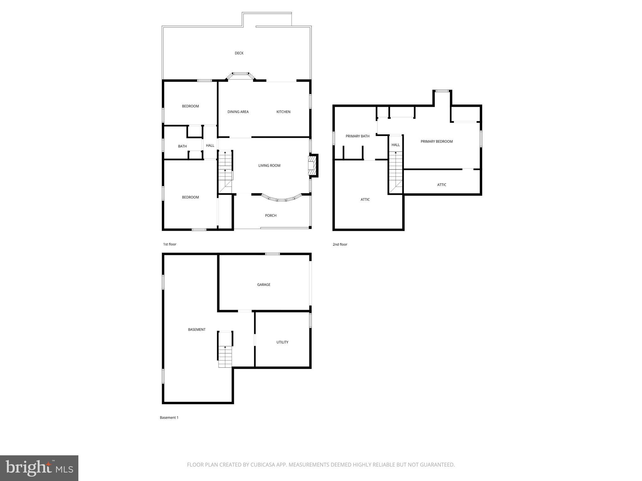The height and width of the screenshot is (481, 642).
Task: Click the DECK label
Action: pos(239,53)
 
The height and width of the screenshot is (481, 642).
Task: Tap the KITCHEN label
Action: pos(283,112)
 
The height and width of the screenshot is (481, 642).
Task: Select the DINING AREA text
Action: pos(238,112)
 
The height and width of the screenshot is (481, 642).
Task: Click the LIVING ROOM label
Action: pos(269,166)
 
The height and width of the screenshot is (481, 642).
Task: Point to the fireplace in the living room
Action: pos(312,165)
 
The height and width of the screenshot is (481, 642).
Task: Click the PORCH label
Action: pos(271,215)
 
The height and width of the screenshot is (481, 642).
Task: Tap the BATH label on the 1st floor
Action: pos(182,146)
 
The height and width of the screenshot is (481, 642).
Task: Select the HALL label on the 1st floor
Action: pos(210,146)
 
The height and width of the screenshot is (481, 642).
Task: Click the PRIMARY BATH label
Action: pos(357,136)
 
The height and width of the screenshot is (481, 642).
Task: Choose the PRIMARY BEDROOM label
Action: pos(436,142)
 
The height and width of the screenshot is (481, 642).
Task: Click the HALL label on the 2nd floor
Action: pos(395,145)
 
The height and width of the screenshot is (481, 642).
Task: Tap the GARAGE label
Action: pos(264,285)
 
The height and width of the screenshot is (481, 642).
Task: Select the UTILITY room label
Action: pos(282,342)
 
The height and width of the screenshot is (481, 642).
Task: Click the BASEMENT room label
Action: pos(197,329)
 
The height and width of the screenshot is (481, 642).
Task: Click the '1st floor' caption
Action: pos(170,244)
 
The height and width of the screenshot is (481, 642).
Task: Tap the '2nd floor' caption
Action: pos(340,245)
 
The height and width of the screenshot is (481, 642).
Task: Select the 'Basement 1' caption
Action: pos(169,417)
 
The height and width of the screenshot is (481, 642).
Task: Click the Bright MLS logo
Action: pos(39,468)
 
